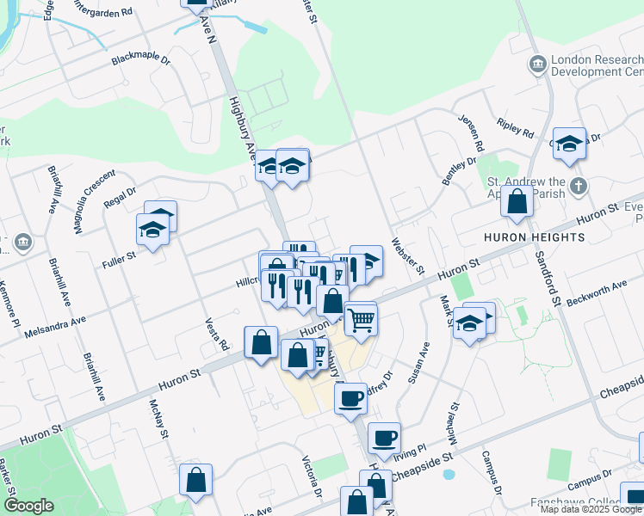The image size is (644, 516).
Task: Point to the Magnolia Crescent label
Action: [94, 201]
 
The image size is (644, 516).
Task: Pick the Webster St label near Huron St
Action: [408, 256]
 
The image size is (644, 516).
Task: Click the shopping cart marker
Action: [362, 319]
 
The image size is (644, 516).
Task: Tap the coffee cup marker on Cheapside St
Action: [384, 438]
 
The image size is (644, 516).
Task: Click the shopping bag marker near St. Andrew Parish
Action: [517, 203]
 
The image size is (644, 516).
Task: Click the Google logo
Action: [28, 506]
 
